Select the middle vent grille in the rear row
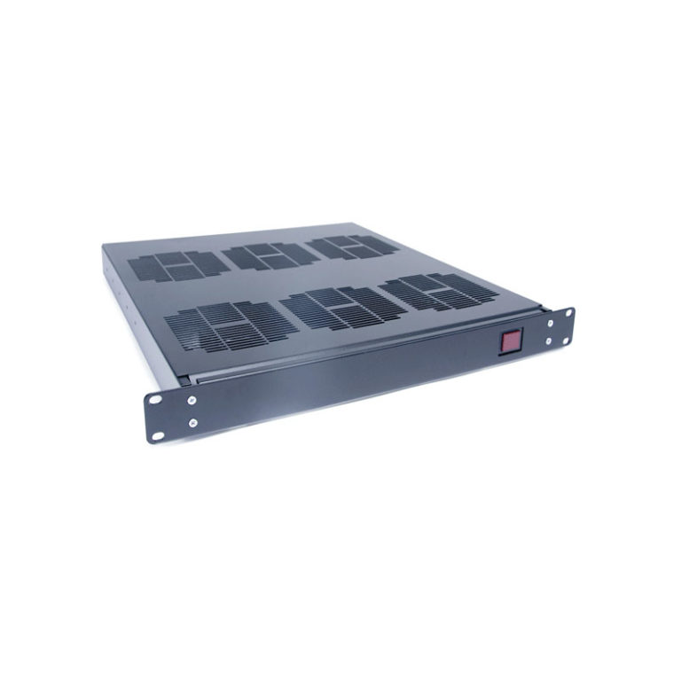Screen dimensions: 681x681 (270, 255)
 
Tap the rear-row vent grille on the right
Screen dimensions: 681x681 (352, 246)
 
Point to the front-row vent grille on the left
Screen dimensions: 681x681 (222, 324)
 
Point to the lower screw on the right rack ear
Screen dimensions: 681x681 (551, 341)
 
